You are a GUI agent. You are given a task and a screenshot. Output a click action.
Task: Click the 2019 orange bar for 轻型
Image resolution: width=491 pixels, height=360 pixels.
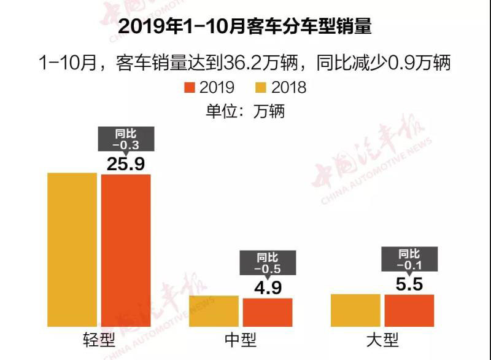click(x=126, y=251)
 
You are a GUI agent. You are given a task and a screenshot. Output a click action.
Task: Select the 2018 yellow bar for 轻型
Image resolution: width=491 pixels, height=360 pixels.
click(x=72, y=251)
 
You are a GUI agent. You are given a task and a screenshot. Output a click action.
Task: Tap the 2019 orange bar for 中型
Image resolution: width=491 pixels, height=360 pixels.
click(x=268, y=313)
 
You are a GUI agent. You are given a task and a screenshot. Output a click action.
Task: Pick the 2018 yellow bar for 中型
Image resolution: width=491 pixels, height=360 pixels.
click(x=214, y=311)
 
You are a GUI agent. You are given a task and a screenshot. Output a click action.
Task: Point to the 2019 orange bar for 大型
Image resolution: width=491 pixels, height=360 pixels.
click(x=409, y=311)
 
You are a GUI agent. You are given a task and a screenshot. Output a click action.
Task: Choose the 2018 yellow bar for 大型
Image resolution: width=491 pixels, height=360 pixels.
click(x=355, y=311)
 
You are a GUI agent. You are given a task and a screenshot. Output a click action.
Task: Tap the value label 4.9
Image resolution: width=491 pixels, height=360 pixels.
click(x=268, y=288)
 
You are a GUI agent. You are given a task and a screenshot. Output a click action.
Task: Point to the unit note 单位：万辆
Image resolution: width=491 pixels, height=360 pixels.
click(x=245, y=111)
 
